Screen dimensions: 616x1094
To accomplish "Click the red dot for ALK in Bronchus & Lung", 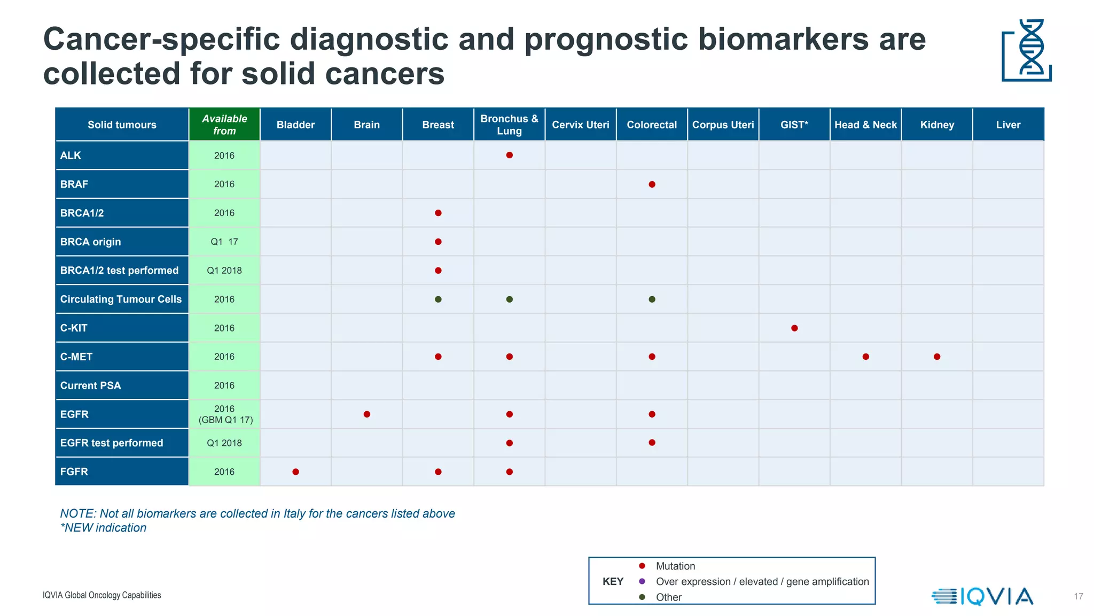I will click(509, 155).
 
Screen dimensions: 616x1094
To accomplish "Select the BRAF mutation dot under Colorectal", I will click(652, 184).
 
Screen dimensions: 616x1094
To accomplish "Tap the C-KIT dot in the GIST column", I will click(794, 328).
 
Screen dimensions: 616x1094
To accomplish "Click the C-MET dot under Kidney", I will click(937, 357).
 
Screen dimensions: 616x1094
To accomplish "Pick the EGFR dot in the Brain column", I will click(367, 414).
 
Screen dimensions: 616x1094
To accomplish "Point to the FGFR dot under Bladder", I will click(295, 472).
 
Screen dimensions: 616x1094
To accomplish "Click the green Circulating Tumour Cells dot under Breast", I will click(438, 299).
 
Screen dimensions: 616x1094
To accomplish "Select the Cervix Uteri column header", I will click(580, 125).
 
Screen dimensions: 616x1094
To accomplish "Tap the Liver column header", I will click(1008, 125).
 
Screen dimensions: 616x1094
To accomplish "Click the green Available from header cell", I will click(224, 125).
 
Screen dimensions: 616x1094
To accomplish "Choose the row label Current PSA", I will click(91, 386).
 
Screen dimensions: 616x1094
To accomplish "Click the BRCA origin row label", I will click(91, 242).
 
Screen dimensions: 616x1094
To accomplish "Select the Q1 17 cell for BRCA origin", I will click(224, 242).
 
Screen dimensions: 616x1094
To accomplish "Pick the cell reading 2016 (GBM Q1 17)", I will click(225, 414).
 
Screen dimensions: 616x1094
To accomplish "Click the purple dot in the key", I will click(642, 581).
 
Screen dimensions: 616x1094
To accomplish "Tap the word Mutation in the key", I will click(675, 566).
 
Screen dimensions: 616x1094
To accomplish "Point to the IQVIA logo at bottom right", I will click(983, 596).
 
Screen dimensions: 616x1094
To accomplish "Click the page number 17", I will click(1078, 596).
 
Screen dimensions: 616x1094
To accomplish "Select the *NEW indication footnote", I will click(104, 528).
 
